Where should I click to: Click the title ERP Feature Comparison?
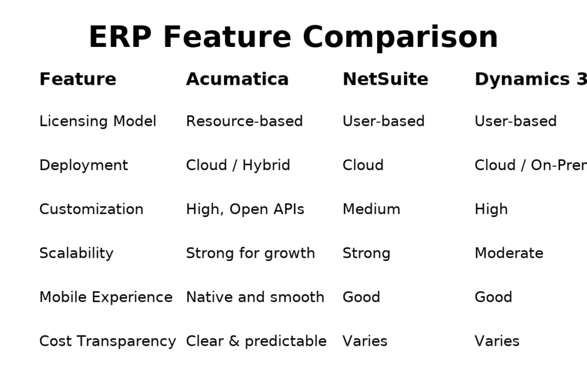coord(293,37)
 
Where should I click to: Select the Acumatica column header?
coord(237,79)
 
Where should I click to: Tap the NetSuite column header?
coord(385,79)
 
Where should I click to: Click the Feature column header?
coord(77,79)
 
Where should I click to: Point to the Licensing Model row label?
coord(97,121)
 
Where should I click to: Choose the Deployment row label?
coord(84,165)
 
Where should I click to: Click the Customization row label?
coord(91,210)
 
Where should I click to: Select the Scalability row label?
coord(76,253)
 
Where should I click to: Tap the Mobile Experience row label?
coord(105,297)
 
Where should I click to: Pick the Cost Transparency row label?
coord(107,341)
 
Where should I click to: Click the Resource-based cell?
coord(244,121)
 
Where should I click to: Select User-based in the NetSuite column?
coord(383,121)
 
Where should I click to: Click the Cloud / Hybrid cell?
coord(238,165)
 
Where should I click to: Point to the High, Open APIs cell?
coord(245,210)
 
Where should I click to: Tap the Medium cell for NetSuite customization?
coord(371,210)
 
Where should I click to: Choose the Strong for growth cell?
coord(251,253)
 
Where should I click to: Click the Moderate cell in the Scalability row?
coord(508,253)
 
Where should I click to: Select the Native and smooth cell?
coord(255,297)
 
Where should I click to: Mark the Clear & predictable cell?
coord(256,341)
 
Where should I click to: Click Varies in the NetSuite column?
coord(365,341)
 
